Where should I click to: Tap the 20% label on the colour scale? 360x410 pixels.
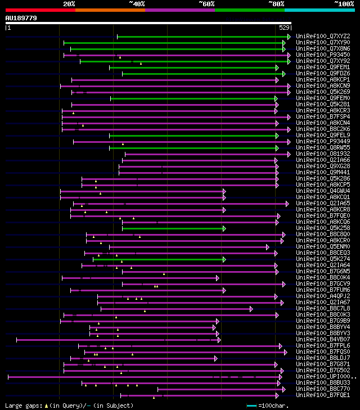[x=69, y=4]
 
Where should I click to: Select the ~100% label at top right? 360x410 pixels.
[x=344, y=4]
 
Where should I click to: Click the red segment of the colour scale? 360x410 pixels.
[x=40, y=10]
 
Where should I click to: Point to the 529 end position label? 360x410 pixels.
[x=284, y=28]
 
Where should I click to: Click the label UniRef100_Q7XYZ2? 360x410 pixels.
[x=323, y=37]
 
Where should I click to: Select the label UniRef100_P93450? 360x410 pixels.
[x=323, y=55]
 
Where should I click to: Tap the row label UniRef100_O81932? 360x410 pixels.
[x=323, y=154]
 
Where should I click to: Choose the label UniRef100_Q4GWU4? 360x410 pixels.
[x=323, y=191]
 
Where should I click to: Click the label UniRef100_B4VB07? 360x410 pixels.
[x=323, y=340]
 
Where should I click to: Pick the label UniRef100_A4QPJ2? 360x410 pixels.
[x=323, y=296]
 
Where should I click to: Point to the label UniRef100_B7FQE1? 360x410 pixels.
[x=323, y=395]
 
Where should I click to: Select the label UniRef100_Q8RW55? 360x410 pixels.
[x=323, y=148]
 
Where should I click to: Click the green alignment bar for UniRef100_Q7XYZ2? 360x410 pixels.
[x=202, y=37]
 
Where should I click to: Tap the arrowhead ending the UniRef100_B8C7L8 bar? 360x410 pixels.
[x=251, y=309]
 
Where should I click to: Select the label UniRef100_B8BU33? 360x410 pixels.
[x=323, y=383]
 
